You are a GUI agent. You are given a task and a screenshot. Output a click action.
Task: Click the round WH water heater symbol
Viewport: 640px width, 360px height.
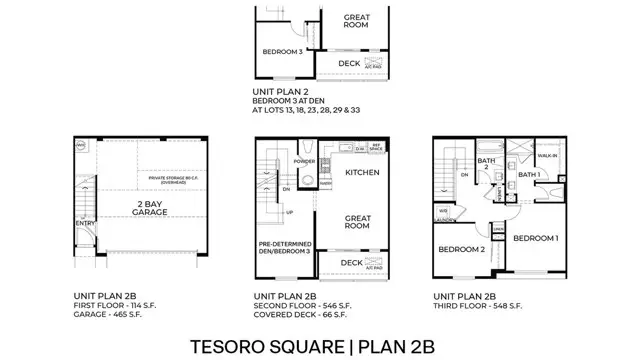point(80,145)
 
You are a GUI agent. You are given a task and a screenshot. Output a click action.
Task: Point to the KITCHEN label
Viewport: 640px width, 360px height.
point(362,172)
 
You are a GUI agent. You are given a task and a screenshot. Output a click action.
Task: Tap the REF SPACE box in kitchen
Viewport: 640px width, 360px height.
point(377,148)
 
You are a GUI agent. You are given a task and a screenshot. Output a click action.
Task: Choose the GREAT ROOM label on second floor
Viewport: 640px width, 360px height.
point(357,222)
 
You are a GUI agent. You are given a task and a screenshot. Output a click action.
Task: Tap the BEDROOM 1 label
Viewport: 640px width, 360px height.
point(536,239)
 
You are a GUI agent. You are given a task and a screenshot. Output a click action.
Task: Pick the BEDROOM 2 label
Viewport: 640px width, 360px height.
point(461,249)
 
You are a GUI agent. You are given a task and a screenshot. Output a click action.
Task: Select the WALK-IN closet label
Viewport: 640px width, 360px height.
point(548,156)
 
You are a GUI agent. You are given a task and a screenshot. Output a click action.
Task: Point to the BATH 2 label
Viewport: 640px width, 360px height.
point(486,163)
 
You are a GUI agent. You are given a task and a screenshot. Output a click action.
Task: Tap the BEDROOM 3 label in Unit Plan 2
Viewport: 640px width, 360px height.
point(283,51)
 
